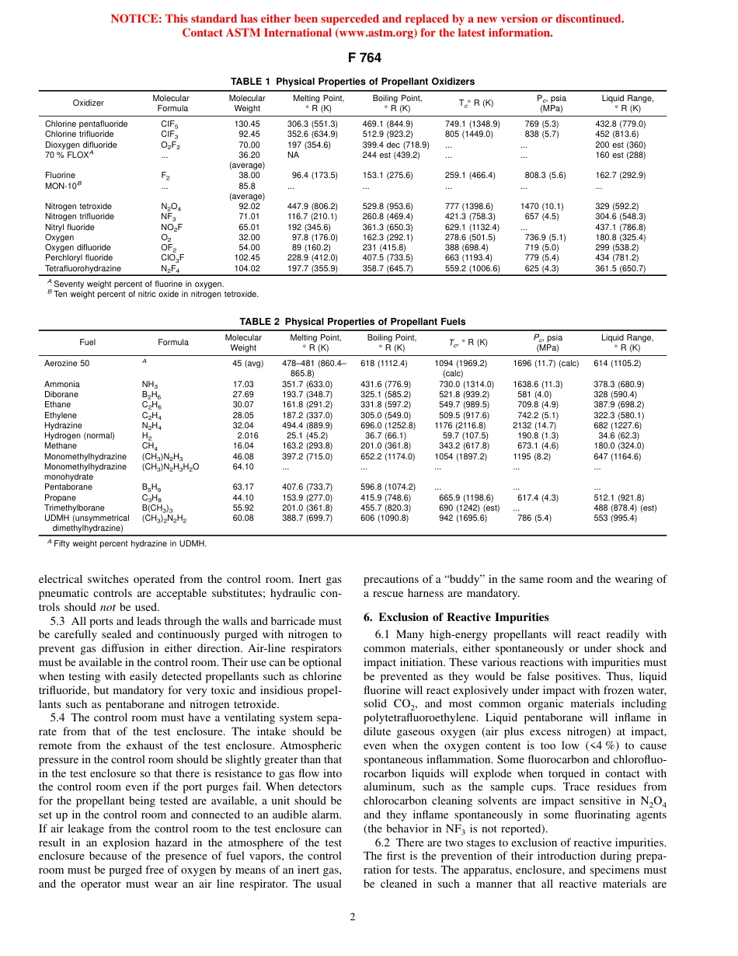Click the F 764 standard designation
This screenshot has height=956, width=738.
[368, 58]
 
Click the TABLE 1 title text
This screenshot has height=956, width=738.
[353, 82]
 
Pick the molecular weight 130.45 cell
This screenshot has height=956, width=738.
[247, 124]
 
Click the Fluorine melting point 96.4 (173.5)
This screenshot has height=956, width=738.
[315, 176]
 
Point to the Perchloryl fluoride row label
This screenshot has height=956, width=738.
[79, 258]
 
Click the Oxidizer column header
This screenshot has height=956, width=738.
[88, 103]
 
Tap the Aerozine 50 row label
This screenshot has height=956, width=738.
[67, 363]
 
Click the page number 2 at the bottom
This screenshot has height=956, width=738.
[353, 917]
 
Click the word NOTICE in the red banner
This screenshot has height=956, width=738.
[134, 19]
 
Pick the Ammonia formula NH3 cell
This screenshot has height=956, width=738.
[151, 384]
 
